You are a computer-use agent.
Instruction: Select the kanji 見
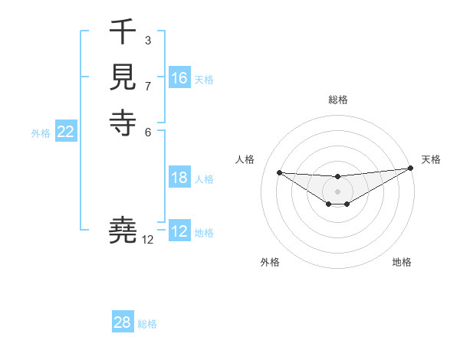pyautogui.click(x=123, y=77)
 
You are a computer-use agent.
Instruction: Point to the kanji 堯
pyautogui.click(x=123, y=231)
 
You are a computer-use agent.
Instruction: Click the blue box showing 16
pyautogui.click(x=179, y=78)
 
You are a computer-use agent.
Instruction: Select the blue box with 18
pyautogui.click(x=179, y=178)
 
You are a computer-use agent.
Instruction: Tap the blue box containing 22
pyautogui.click(x=66, y=132)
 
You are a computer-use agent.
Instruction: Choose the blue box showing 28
pyautogui.click(x=123, y=322)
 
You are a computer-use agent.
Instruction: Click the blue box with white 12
pyautogui.click(x=179, y=231)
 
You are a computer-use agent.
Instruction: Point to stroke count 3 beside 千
pyautogui.click(x=147, y=40)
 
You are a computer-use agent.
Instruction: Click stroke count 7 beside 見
pyautogui.click(x=147, y=86)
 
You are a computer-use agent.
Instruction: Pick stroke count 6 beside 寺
pyautogui.click(x=147, y=131)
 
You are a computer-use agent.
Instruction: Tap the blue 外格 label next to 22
pyautogui.click(x=41, y=133)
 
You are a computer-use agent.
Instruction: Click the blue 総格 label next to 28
pyautogui.click(x=147, y=324)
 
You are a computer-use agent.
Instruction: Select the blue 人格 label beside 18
pyautogui.click(x=204, y=179)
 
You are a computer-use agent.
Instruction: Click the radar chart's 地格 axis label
pyautogui.click(x=402, y=263)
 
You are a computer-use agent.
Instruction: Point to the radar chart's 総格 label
pyautogui.click(x=337, y=100)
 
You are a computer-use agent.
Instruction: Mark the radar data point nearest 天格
pyautogui.click(x=410, y=168)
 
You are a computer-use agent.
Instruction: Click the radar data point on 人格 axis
pyautogui.click(x=279, y=172)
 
